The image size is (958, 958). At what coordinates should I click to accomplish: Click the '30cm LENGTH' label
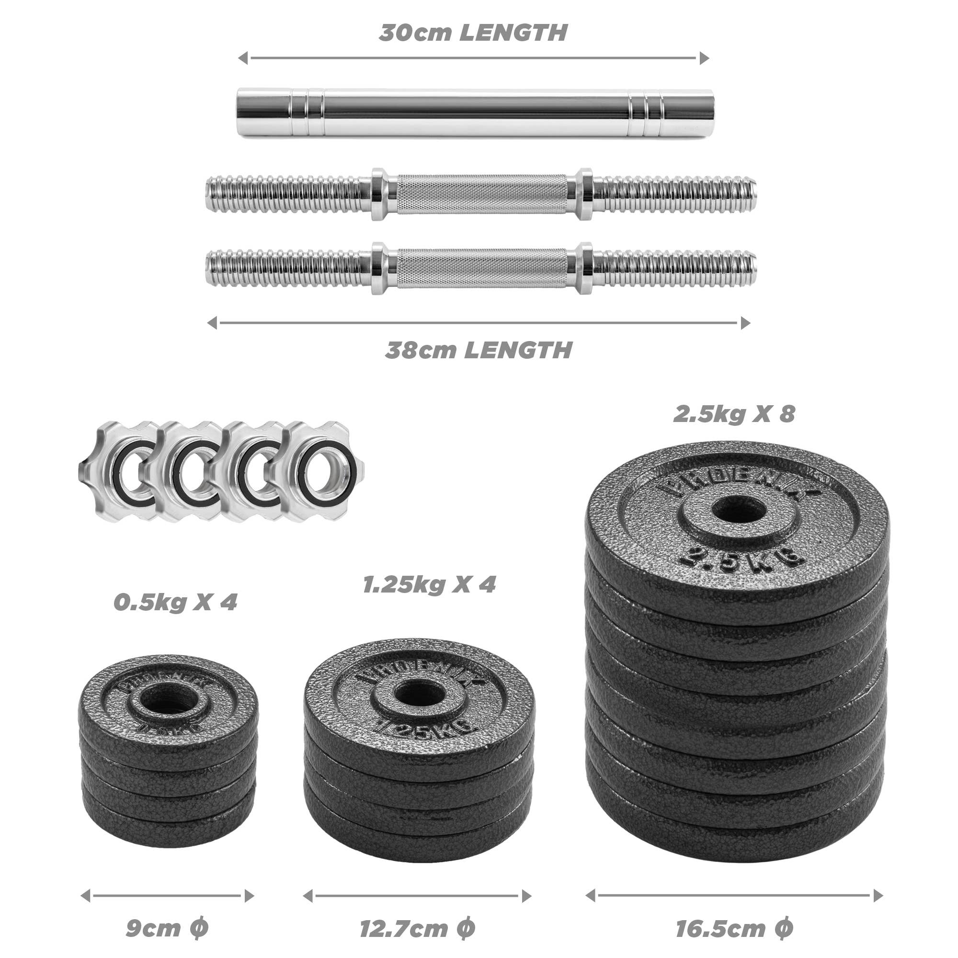tap(473, 33)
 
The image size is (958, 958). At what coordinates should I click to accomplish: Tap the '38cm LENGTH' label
tap(479, 350)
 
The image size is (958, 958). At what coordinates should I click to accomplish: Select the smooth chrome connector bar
tap(475, 113)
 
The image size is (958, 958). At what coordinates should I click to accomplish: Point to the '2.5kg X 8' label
tap(734, 414)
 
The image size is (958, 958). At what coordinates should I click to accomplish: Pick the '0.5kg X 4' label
tap(175, 603)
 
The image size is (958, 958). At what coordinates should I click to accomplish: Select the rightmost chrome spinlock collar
tap(322, 470)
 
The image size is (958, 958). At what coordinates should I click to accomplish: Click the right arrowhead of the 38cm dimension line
tap(745, 323)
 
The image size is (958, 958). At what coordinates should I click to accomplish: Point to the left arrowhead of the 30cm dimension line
tap(243, 58)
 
